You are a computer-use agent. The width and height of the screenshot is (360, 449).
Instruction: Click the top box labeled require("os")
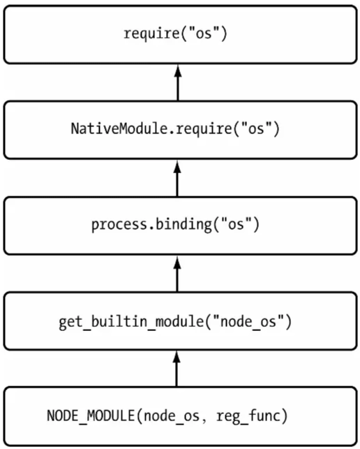[x=180, y=34]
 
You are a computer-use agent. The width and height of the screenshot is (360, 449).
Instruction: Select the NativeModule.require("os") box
[x=180, y=130]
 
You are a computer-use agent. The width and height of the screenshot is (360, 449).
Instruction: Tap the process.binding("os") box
[x=180, y=226]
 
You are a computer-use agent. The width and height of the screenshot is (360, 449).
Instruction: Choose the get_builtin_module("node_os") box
[x=180, y=321]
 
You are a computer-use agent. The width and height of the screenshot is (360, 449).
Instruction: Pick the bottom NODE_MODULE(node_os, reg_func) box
[x=180, y=416]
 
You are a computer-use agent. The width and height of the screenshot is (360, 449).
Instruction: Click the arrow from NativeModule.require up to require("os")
[x=178, y=82]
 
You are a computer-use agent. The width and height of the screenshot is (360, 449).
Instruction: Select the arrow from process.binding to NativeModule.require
[x=177, y=178]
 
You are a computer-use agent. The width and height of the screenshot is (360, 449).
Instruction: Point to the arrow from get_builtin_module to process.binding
[x=177, y=274]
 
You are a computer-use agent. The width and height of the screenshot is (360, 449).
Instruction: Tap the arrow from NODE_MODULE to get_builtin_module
[x=177, y=369]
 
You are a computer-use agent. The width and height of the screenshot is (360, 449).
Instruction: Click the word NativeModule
[x=119, y=128]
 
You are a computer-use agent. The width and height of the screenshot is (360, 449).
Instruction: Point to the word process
[x=119, y=225]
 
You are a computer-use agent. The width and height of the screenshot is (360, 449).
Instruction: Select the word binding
[x=183, y=224]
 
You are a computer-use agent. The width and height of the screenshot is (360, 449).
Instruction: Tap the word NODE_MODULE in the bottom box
[x=91, y=415]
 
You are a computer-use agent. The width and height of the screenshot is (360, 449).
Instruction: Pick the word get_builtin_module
[x=130, y=321]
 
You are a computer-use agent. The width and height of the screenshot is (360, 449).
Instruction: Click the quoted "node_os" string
[x=248, y=321]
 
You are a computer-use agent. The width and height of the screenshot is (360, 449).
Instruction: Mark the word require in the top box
[x=151, y=34]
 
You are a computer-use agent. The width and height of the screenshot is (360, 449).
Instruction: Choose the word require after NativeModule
[x=204, y=128]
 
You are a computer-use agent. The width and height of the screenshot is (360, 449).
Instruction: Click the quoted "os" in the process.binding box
[x=236, y=223]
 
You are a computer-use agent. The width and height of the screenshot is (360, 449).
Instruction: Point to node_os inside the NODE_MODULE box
[x=172, y=416]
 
